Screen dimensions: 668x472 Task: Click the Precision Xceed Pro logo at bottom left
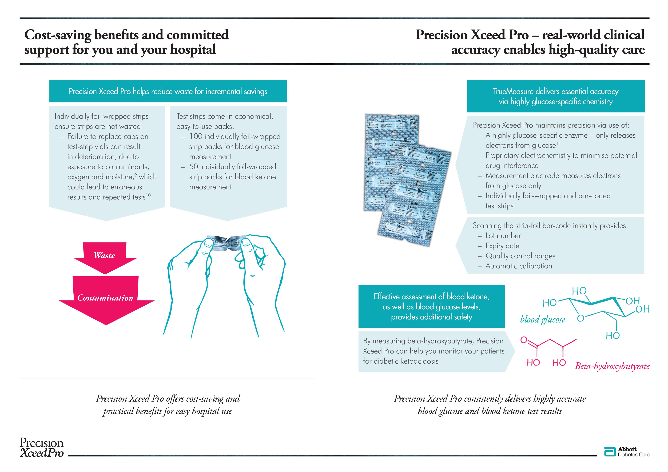tap(41, 448)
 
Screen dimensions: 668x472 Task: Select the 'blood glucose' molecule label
tap(543, 320)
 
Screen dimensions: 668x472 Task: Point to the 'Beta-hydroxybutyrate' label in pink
tap(612, 366)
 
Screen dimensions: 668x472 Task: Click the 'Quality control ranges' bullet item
tap(520, 256)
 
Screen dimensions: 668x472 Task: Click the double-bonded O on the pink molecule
tap(524, 340)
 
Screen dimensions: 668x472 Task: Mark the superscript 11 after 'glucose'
tap(558, 143)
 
